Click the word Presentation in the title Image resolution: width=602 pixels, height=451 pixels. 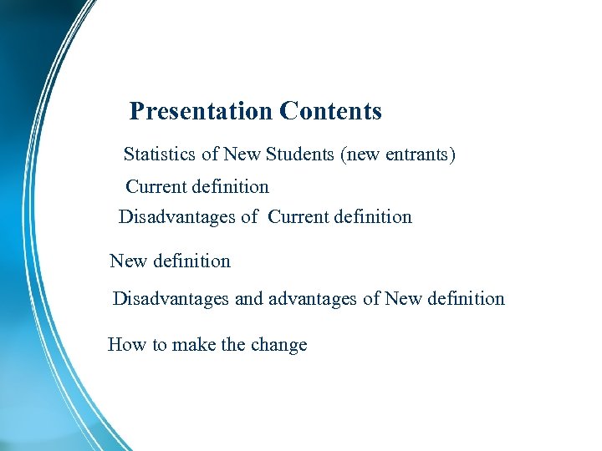(x=202, y=111)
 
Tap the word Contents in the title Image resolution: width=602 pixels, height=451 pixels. (x=331, y=111)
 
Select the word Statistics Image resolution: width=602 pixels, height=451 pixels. (x=160, y=155)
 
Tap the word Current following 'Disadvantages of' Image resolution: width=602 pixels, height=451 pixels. (x=298, y=217)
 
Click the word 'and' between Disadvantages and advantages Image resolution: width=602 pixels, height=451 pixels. (x=249, y=298)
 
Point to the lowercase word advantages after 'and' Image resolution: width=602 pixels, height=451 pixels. (x=313, y=299)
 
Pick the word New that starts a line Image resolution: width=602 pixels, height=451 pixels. (x=128, y=261)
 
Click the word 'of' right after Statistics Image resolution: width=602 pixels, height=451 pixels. (x=210, y=155)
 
